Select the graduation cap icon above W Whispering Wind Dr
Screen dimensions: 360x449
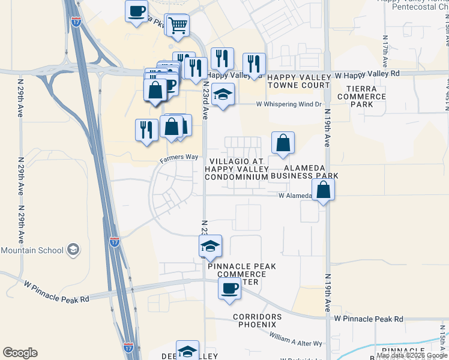pyautogui.click(x=223, y=94)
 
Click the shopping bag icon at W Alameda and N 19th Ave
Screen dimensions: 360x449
pyautogui.click(x=323, y=190)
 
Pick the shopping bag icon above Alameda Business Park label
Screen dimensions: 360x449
pyautogui.click(x=283, y=143)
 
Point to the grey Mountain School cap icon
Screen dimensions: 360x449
pyautogui.click(x=73, y=250)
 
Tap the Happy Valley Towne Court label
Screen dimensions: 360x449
pyautogui.click(x=299, y=82)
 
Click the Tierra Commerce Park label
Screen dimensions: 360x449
pyautogui.click(x=362, y=97)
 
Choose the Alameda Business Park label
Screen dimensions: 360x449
pyautogui.click(x=304, y=172)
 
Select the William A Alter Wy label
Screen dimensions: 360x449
pyautogui.click(x=296, y=339)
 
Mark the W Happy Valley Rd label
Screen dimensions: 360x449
pyautogui.click(x=367, y=74)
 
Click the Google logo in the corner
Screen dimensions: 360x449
pyautogui.click(x=20, y=353)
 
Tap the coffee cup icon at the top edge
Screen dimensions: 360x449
pyautogui.click(x=137, y=10)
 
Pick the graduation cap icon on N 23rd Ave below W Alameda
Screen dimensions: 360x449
pyautogui.click(x=210, y=247)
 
